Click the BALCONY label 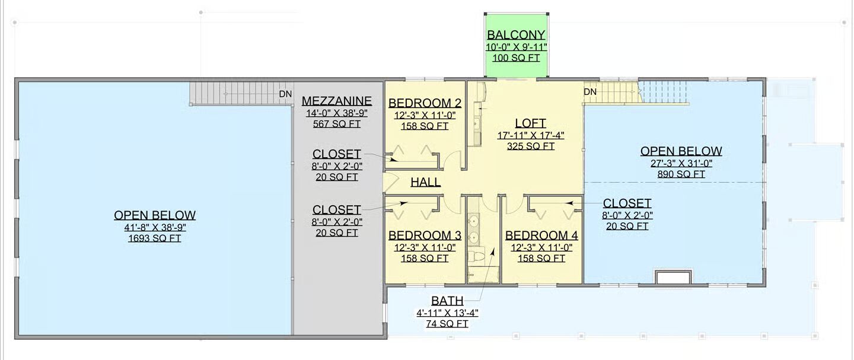coord(516,35)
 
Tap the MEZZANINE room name coord(337,101)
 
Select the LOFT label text coord(530,123)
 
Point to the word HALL coord(425,182)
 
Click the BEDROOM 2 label coord(425,103)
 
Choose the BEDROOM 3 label coord(425,235)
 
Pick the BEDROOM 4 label coord(541,235)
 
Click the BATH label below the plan coord(447,301)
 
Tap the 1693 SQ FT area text coord(154,238)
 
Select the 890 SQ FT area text coord(681,174)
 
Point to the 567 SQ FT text coord(337,124)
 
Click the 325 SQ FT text coord(530,146)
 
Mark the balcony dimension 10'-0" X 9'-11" coord(516,47)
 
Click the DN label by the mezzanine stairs coord(285,94)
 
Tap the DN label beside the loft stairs coord(589,92)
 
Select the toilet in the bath coord(476,256)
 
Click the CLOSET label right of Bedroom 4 coord(627,203)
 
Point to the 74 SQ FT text coord(447,324)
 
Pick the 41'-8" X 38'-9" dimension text coord(154,227)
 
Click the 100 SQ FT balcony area coord(516,58)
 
